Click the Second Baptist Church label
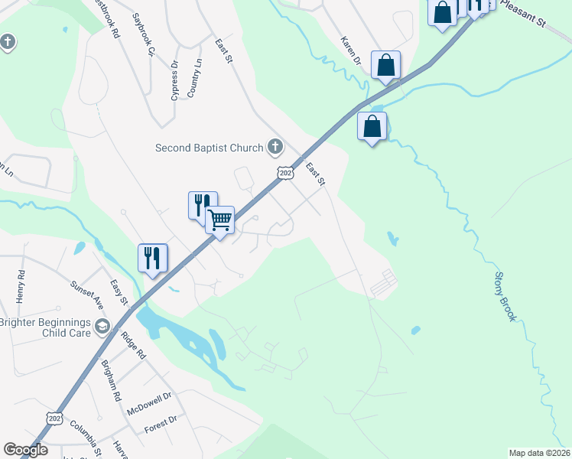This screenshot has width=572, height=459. [x=208, y=148]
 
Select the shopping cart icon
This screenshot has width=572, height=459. [x=219, y=220]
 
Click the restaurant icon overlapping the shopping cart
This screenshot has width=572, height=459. [x=202, y=205]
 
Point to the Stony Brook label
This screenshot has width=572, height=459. [x=505, y=296]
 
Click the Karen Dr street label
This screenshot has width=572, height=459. [x=351, y=50]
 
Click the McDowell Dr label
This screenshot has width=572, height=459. [x=150, y=402]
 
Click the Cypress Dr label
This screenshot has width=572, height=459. [x=174, y=81]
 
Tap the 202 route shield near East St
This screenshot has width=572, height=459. [x=284, y=174]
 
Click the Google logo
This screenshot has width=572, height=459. [x=25, y=450]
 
